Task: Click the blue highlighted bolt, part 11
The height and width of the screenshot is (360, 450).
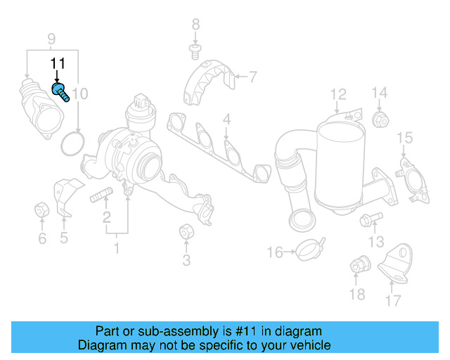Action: tap(60, 91)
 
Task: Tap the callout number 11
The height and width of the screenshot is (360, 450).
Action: tap(57, 64)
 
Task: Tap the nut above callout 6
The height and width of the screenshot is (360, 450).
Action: tap(41, 209)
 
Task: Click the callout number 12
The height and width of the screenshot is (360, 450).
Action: tap(338, 93)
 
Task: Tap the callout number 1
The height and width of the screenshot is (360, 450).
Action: tap(117, 247)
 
